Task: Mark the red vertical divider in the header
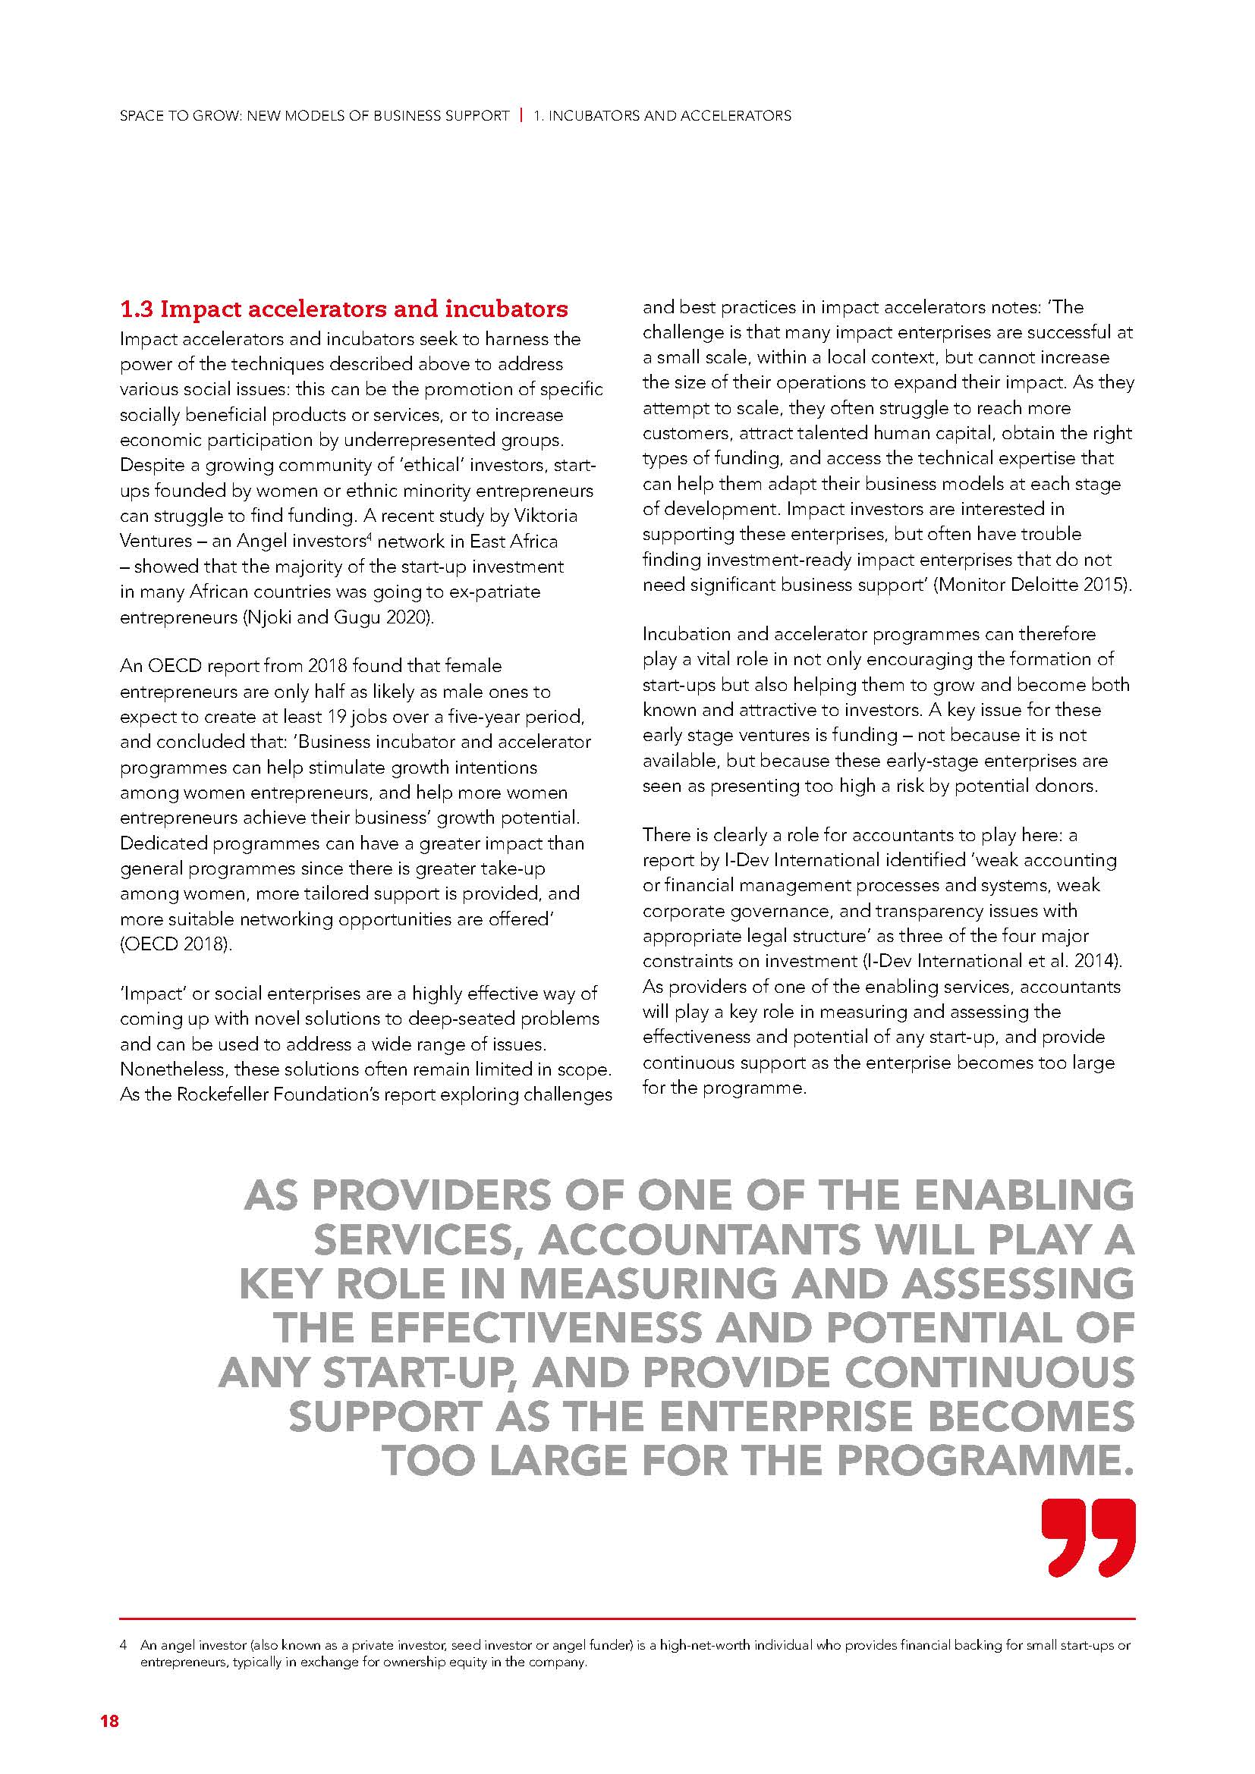(x=521, y=115)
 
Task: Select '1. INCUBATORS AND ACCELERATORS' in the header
(x=662, y=116)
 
